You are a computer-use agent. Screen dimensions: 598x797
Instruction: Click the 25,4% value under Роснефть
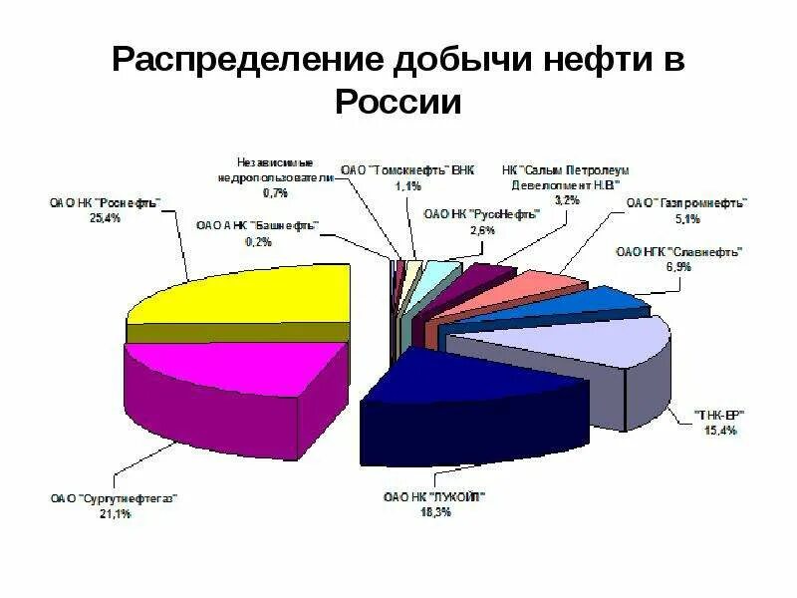(x=104, y=218)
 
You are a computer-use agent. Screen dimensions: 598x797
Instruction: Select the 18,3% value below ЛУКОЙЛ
(x=435, y=512)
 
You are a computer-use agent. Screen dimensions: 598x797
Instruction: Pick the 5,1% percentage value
(x=687, y=217)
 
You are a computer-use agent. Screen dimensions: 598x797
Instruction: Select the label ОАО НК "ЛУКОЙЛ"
(x=435, y=497)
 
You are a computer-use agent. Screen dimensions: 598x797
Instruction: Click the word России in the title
(x=398, y=101)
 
